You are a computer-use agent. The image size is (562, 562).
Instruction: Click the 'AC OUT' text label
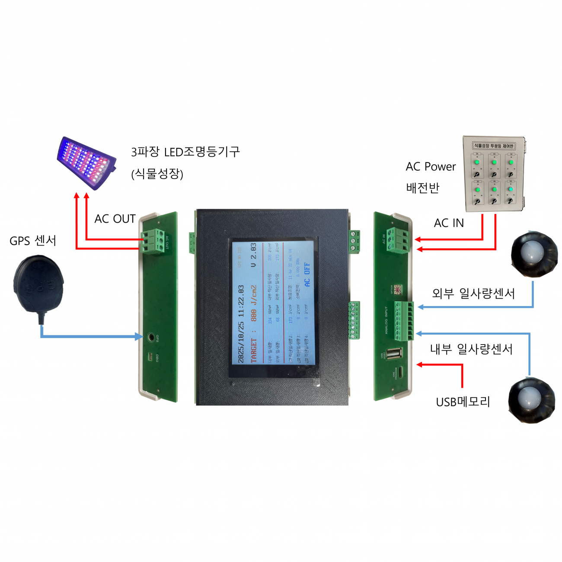115,219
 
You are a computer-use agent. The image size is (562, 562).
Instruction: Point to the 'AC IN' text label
449,223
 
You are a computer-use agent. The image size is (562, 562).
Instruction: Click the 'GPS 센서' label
33,241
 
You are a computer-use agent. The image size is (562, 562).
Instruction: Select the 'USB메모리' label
463,402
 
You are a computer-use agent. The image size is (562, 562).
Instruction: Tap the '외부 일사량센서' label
473,294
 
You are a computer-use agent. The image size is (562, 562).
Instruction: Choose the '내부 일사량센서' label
471,349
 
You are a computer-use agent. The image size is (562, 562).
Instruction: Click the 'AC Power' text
431,167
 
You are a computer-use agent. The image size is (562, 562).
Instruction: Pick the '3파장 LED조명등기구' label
185,152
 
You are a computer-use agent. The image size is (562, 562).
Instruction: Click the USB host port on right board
393,354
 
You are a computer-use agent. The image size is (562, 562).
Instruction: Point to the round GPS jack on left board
151,337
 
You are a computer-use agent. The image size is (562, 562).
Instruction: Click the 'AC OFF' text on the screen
307,275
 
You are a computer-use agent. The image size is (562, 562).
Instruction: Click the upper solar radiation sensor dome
534,254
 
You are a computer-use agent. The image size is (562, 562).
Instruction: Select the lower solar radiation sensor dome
531,399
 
